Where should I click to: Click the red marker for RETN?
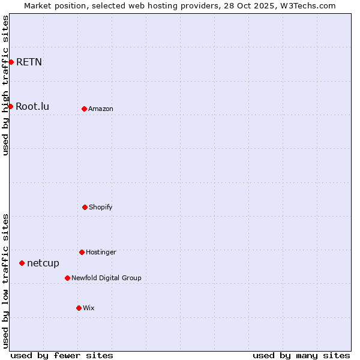click(11, 62)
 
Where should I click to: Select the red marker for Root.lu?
click(10, 106)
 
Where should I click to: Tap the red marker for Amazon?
click(84, 109)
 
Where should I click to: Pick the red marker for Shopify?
click(85, 207)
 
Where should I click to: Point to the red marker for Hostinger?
click(82, 252)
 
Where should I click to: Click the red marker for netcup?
click(22, 263)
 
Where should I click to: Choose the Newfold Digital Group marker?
click(67, 278)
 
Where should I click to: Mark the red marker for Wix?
click(79, 308)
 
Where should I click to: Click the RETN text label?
click(29, 62)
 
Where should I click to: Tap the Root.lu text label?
click(32, 106)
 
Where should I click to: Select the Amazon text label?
click(101, 109)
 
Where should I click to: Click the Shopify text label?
click(101, 207)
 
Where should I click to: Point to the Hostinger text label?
click(101, 252)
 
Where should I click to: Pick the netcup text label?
click(43, 263)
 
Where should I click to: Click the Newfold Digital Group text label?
click(106, 278)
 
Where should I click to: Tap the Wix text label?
click(89, 308)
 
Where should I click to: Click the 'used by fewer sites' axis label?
click(62, 355)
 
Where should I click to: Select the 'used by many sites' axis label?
click(301, 355)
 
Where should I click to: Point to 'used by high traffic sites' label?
click(5, 85)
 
